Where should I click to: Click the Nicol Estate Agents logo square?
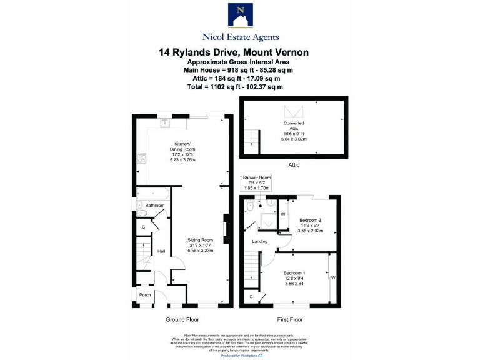coord(240,15)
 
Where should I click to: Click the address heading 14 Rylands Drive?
coord(233,52)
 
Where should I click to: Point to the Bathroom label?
coord(155,206)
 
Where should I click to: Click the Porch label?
coord(145,295)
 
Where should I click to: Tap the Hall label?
coord(161,251)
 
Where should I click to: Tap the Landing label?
coord(260,241)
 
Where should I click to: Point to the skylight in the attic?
coord(294,111)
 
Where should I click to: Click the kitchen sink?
coord(165,122)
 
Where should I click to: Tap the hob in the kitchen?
coord(141,158)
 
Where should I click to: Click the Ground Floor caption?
coord(182,319)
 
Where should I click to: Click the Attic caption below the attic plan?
coord(294,165)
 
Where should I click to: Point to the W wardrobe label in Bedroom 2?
coord(282,214)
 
